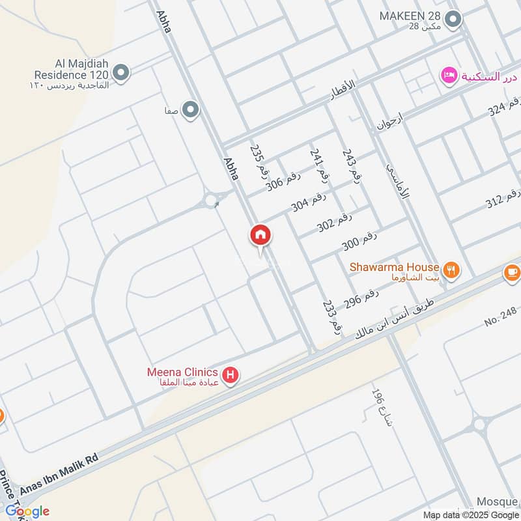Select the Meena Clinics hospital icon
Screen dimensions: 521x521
click(x=229, y=375)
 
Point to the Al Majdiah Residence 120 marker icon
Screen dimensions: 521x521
click(x=120, y=72)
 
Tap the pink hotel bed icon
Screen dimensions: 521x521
click(x=448, y=76)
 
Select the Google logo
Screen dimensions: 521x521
click(x=27, y=511)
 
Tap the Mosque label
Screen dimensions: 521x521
click(x=496, y=501)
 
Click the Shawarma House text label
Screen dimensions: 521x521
click(x=394, y=267)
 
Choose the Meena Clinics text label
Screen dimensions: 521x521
click(x=182, y=373)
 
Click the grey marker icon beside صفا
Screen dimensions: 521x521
click(x=190, y=110)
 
